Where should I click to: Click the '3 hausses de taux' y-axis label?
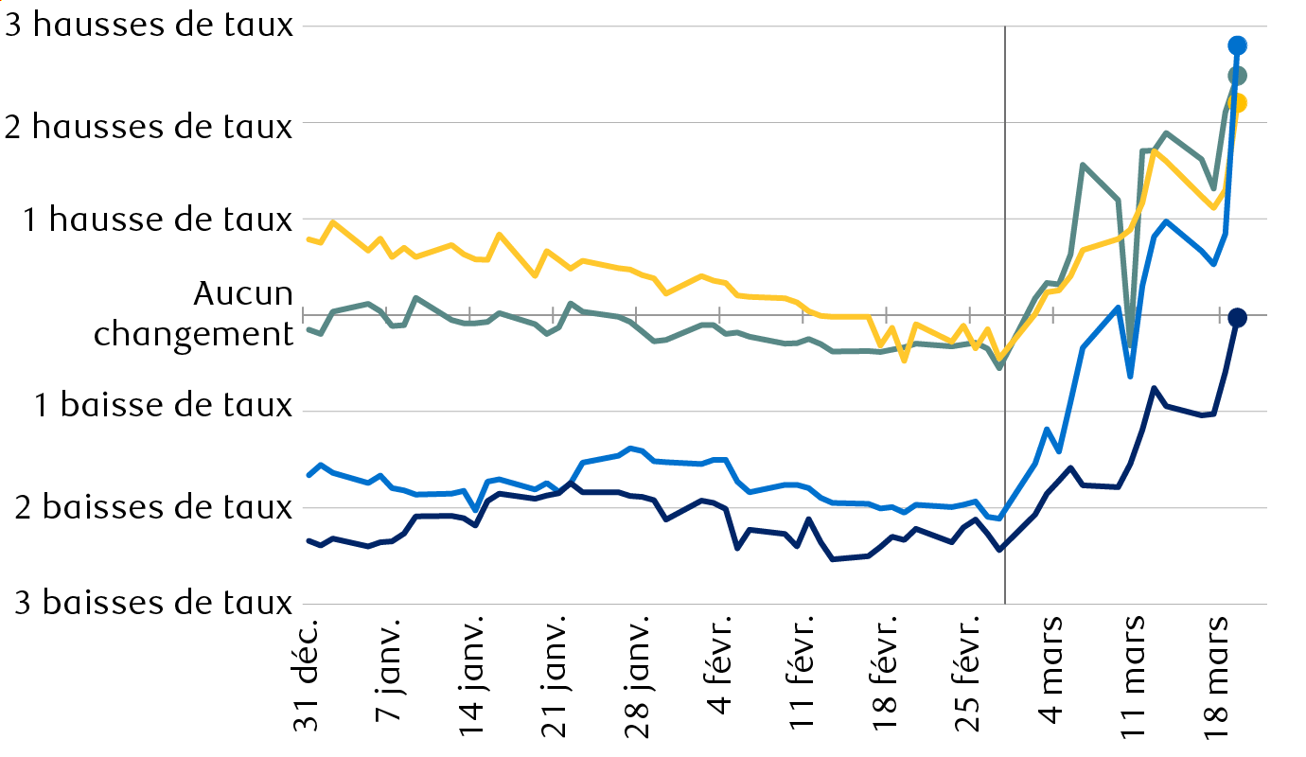(x=150, y=26)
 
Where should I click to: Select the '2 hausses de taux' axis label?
(x=150, y=125)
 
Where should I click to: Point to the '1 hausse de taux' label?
(x=158, y=220)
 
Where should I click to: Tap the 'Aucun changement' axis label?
(x=193, y=314)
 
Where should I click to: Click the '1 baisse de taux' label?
(x=164, y=405)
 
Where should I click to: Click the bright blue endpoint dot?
(x=1237, y=45)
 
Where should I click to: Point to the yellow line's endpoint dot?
(x=1237, y=103)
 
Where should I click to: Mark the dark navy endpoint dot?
(x=1237, y=318)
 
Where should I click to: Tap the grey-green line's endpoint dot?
(x=1237, y=76)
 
